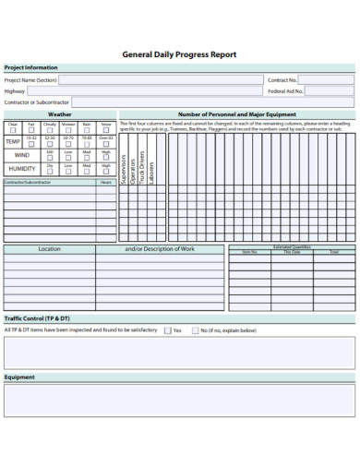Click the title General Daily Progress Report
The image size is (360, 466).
[x=179, y=54]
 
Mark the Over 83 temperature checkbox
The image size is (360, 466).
[x=106, y=144]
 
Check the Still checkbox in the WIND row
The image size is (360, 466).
[x=50, y=158]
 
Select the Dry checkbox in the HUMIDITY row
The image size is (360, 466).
[x=50, y=172]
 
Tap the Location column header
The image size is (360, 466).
[x=49, y=249]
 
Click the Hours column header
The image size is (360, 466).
[x=106, y=183]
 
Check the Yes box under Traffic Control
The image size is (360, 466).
[x=166, y=329]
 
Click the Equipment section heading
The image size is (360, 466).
[x=19, y=377]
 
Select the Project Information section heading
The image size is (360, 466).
[x=30, y=67]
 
